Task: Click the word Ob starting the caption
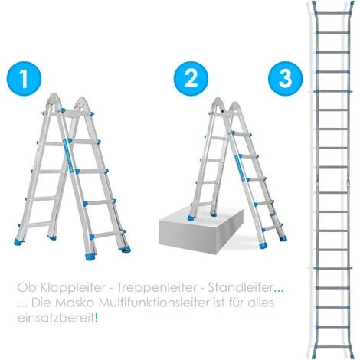tap(25, 289)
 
